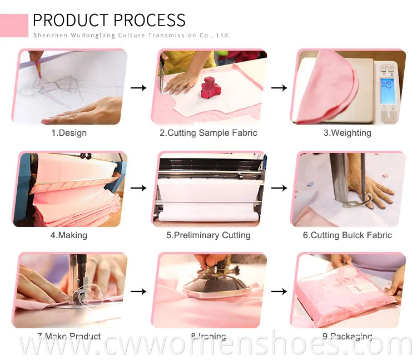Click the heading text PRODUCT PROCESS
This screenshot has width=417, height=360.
(109, 20)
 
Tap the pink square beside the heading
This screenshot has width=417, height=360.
(14, 26)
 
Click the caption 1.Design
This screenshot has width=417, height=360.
(69, 133)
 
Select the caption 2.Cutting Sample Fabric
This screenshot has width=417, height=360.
(209, 133)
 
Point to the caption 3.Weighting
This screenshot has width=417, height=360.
(348, 133)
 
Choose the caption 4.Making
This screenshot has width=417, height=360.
(69, 235)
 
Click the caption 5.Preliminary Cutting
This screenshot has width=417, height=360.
(209, 235)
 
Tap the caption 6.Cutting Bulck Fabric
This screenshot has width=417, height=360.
(348, 235)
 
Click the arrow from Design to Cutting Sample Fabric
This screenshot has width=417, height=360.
(138, 87)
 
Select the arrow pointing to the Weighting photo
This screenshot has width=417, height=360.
(279, 87)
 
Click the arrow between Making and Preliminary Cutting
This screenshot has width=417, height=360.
(138, 189)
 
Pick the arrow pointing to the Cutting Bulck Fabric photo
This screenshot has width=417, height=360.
(279, 189)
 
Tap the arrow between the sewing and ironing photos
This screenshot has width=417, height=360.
(138, 290)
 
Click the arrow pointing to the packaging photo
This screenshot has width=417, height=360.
(279, 290)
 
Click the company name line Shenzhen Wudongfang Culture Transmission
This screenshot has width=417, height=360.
(131, 35)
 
